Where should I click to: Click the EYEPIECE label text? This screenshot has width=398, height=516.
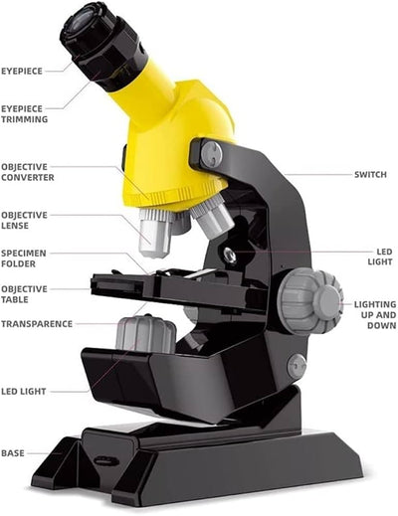click(x=21, y=72)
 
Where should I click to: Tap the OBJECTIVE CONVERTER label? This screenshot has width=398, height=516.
click(x=27, y=172)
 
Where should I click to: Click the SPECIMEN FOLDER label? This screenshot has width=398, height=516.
click(x=22, y=258)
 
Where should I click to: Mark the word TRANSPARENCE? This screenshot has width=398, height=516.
click(x=36, y=324)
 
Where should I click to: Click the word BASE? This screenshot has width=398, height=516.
click(x=12, y=452)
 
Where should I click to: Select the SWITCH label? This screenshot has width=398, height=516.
click(x=370, y=175)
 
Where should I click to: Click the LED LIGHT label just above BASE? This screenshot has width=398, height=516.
click(x=23, y=392)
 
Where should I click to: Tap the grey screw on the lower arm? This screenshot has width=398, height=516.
click(x=297, y=366)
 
